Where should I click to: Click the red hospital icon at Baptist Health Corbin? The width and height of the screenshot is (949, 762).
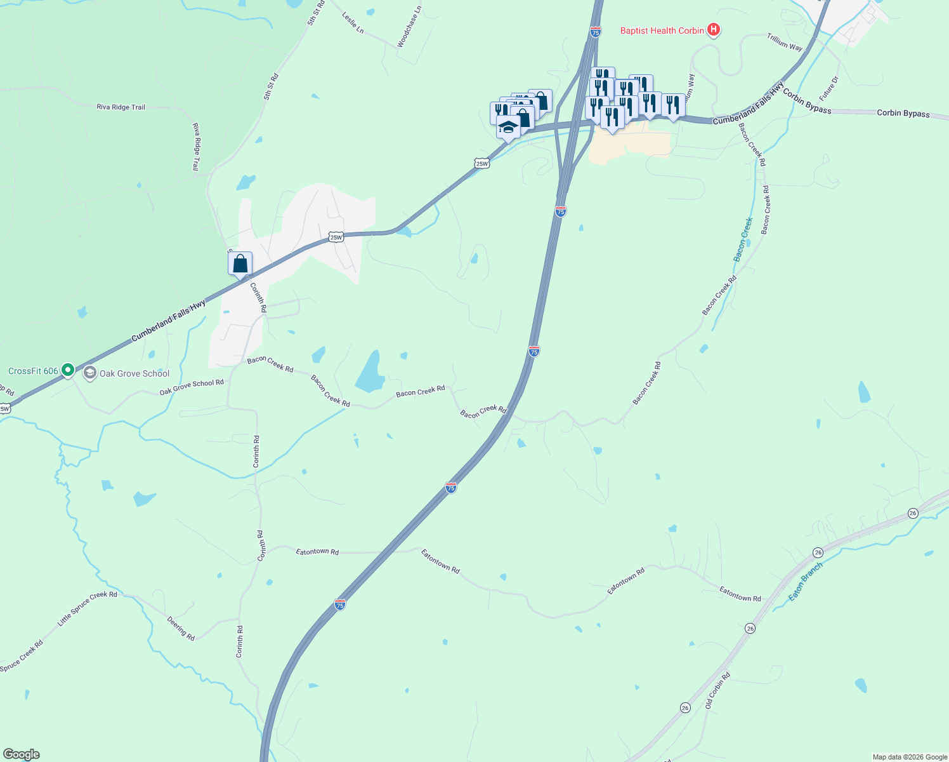[x=714, y=30]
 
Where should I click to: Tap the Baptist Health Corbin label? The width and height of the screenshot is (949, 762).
[x=662, y=30]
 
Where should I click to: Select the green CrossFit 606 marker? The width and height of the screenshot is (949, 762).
[x=68, y=370]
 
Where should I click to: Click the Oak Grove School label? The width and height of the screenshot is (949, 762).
[x=134, y=373]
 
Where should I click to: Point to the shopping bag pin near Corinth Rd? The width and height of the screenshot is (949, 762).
[x=240, y=263]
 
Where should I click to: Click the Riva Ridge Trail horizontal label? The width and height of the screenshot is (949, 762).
[x=121, y=107]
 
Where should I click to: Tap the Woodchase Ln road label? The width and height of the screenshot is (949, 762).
[x=409, y=28]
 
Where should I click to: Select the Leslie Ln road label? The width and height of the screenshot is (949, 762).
[x=353, y=22]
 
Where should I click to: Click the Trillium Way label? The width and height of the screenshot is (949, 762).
[x=785, y=43]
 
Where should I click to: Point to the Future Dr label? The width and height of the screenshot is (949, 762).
[x=829, y=88]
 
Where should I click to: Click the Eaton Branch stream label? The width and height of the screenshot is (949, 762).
[x=805, y=582]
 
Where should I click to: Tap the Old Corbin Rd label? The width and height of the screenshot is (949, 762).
[x=718, y=691]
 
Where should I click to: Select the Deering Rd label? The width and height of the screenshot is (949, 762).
[x=181, y=628]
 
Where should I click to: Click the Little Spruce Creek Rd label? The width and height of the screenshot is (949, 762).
[x=88, y=608]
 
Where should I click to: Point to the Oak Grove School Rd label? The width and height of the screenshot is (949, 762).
[x=192, y=387]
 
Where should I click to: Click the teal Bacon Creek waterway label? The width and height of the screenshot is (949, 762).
[x=743, y=239]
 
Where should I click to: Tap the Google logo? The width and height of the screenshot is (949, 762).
[x=22, y=754]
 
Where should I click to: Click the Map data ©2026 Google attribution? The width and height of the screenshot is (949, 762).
[x=909, y=757]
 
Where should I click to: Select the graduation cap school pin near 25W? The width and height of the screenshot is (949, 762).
[x=508, y=126]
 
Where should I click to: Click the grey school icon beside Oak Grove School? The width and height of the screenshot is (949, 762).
[x=90, y=373]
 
